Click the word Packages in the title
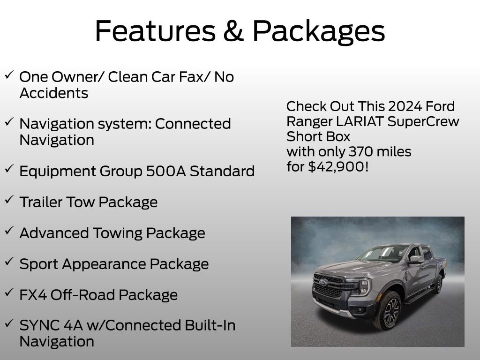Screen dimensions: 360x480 [x=319, y=31]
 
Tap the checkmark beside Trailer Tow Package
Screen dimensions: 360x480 [x=9, y=199]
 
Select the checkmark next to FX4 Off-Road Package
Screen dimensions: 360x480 [x=9, y=292]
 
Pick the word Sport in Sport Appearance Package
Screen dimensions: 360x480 [x=39, y=264]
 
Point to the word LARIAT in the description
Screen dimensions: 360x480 [x=361, y=121]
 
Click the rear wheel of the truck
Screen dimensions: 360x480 [x=439, y=284]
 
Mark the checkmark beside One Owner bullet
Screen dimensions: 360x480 [x=9, y=74]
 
